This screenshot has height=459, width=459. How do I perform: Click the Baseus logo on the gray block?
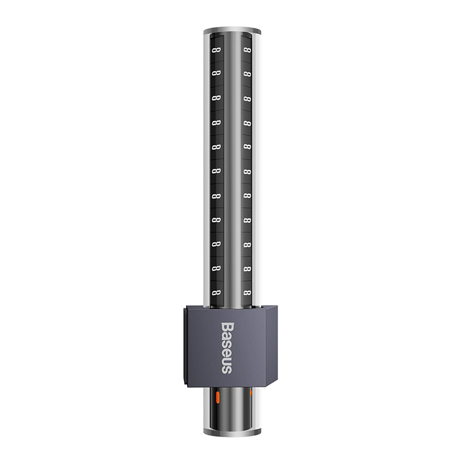point(227,348)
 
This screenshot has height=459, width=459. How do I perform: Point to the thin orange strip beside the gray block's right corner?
point(251,393)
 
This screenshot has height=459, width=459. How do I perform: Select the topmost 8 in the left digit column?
point(216,50)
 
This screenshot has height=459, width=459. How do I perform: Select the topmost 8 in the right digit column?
point(247,50)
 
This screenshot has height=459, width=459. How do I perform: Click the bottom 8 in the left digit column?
point(216,293)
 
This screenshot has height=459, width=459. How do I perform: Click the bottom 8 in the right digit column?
point(247,293)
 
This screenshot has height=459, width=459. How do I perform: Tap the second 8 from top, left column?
point(216,73)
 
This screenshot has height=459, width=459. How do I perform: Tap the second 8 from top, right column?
point(247,74)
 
